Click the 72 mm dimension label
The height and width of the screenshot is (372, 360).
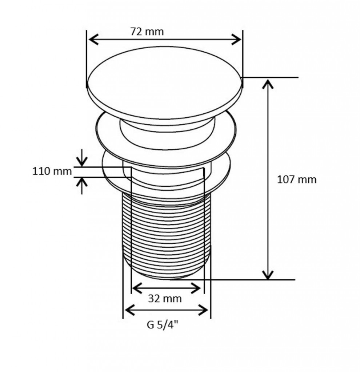pos(147,32)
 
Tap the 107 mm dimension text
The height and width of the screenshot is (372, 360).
pos(297,179)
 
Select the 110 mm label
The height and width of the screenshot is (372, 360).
pos(52,171)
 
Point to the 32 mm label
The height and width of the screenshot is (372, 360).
pos(165,299)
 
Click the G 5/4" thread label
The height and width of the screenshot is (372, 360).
pos(163,324)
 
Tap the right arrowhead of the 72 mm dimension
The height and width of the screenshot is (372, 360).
pos(236,39)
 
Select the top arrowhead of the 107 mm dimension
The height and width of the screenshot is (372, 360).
pos(268,84)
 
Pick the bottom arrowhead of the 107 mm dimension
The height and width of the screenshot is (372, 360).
pos(268,275)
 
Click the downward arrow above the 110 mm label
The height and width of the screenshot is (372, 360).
pos(82,158)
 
